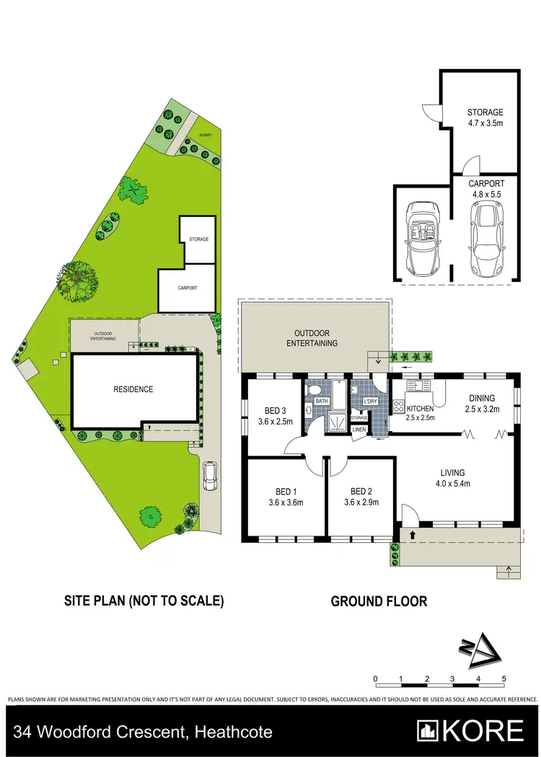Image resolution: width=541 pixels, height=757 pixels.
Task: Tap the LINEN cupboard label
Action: [x=359, y=430]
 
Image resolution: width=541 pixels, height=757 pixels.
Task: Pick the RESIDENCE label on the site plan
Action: [x=133, y=389]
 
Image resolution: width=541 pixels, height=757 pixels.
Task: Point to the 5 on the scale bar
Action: [x=504, y=679]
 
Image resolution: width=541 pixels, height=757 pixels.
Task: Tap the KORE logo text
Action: [x=483, y=731]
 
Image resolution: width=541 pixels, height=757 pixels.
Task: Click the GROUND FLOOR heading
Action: [x=379, y=601]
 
